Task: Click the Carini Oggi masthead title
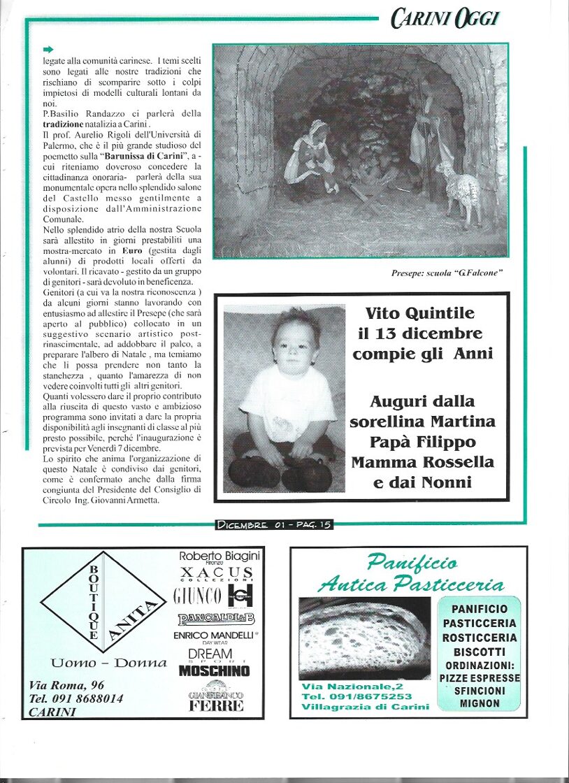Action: pyautogui.click(x=445, y=18)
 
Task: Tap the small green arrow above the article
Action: pyautogui.click(x=48, y=49)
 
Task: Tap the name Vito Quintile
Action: pyautogui.click(x=419, y=313)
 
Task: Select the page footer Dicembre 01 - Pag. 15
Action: pyautogui.click(x=274, y=524)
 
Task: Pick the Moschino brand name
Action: pyautogui.click(x=214, y=670)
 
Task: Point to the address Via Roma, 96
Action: pyautogui.click(x=67, y=684)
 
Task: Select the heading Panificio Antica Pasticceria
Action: pyautogui.click(x=410, y=573)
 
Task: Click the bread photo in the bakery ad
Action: pyautogui.click(x=365, y=636)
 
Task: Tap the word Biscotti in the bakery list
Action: pyautogui.click(x=480, y=652)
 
